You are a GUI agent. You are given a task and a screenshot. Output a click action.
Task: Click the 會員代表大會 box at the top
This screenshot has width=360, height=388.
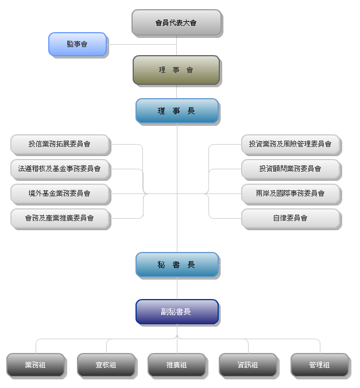[176, 23]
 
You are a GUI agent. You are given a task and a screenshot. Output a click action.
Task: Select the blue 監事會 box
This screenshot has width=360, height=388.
[77, 44]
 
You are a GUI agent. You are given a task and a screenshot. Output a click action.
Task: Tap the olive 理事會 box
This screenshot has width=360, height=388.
[176, 70]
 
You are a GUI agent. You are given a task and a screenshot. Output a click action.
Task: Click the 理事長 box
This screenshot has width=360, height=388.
[177, 111]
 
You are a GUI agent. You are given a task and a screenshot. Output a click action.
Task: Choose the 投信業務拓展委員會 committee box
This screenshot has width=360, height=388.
[60, 144]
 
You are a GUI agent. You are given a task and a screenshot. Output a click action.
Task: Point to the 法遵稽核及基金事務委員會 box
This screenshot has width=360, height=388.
[60, 169]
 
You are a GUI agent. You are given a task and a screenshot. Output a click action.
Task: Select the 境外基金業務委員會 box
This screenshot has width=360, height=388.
[60, 193]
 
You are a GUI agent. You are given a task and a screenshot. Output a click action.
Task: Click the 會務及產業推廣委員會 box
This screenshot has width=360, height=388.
[60, 218]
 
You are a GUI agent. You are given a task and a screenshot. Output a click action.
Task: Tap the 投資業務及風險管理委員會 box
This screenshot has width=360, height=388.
[291, 144]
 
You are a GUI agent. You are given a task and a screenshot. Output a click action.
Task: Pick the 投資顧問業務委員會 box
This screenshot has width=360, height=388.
[291, 169]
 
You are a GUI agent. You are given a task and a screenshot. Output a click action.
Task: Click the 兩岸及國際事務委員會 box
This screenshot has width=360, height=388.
[291, 193]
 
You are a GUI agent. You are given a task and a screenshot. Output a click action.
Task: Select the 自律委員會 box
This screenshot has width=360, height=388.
[291, 218]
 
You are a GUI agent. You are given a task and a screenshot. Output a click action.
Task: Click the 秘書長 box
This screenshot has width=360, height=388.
[177, 265]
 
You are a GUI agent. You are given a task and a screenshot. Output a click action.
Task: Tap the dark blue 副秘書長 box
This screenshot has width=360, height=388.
[177, 312]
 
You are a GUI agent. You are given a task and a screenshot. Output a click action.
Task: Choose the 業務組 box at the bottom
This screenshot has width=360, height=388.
[35, 365]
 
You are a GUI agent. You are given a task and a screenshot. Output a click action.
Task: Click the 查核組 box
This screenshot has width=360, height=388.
[106, 365]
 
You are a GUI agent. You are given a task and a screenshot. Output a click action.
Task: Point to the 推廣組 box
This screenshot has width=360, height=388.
[177, 365]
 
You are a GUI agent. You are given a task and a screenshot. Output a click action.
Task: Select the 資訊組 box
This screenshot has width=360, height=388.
[248, 365]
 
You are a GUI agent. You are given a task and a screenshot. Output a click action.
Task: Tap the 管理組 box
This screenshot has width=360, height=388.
[319, 365]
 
